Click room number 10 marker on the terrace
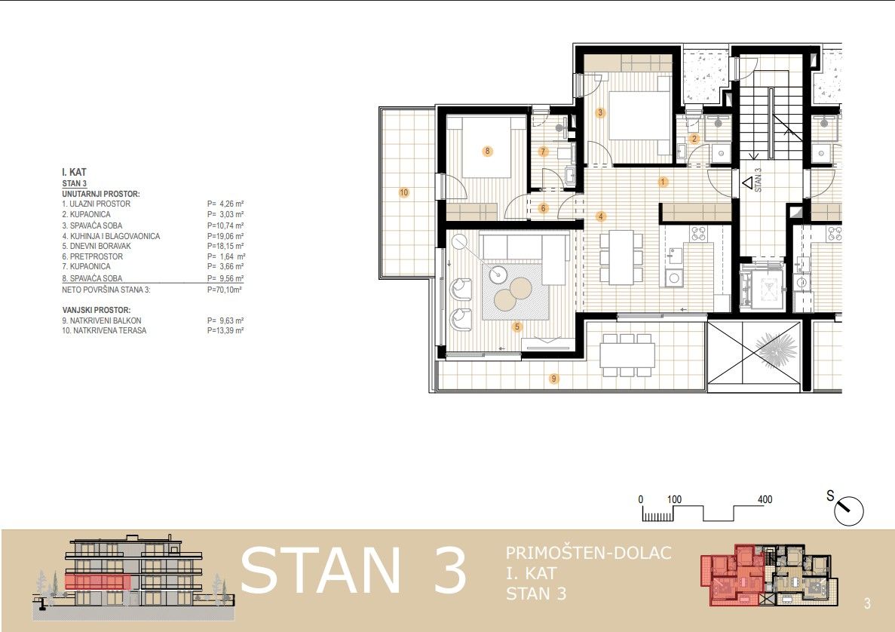point(403,192)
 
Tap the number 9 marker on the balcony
point(553,379)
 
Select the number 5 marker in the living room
point(517,327)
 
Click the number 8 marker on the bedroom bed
point(487,152)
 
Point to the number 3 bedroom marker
point(600,112)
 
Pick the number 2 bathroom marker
point(694,138)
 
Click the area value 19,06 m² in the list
point(225,236)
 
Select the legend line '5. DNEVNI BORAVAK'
point(97,246)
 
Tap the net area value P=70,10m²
point(225,290)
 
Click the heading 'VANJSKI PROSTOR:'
point(97,310)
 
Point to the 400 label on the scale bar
point(765,499)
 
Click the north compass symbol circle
point(849,511)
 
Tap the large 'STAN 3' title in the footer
point(354,571)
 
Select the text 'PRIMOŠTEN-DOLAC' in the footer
point(588,553)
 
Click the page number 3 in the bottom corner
point(867,603)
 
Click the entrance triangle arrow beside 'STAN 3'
point(747,183)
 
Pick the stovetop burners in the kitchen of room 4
point(699,233)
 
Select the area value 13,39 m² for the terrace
point(225,330)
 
